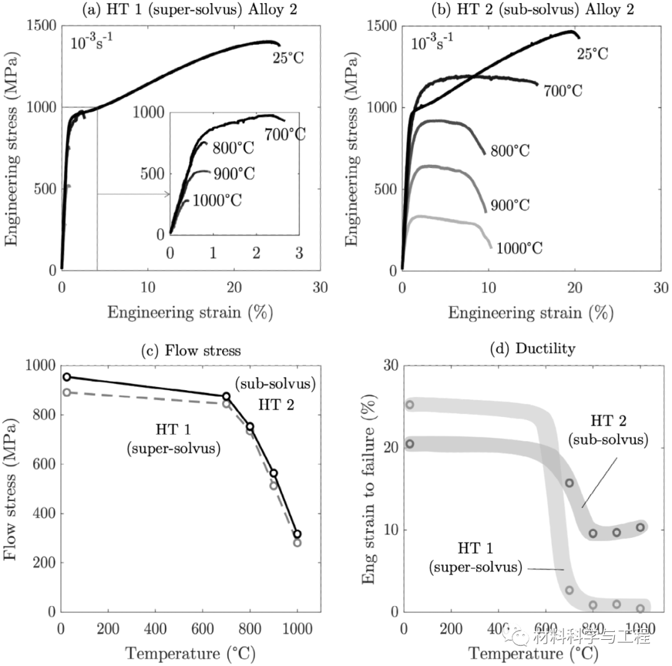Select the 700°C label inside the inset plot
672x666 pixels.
pyautogui.click(x=285, y=133)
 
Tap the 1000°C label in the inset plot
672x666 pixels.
pyautogui.click(x=217, y=200)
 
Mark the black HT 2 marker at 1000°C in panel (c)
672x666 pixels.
pyautogui.click(x=297, y=534)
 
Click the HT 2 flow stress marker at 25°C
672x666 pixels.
pyautogui.click(x=67, y=377)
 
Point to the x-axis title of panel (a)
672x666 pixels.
pyautogui.click(x=190, y=312)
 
